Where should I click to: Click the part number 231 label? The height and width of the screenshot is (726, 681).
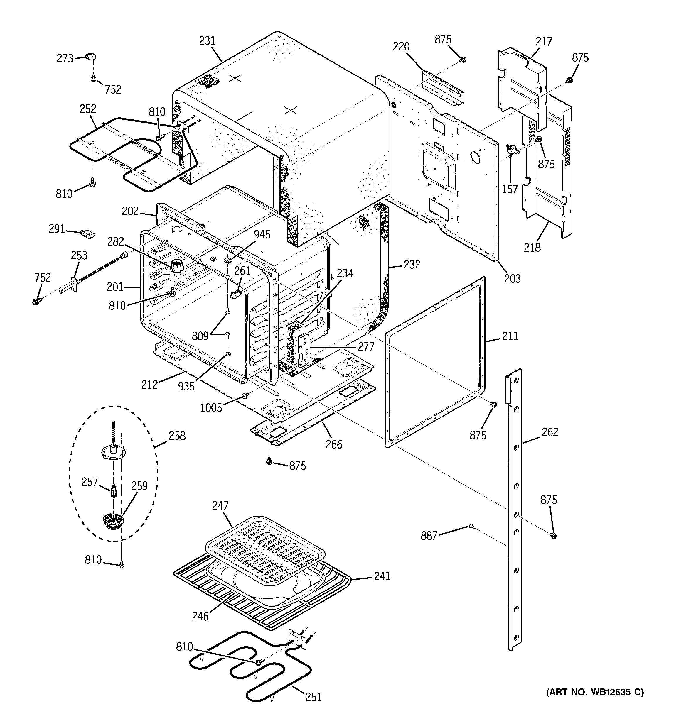click(x=207, y=41)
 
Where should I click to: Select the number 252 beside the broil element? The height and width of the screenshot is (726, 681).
click(x=88, y=109)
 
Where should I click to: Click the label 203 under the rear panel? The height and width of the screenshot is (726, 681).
click(x=512, y=279)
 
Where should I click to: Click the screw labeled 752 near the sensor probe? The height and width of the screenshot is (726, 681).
click(x=36, y=301)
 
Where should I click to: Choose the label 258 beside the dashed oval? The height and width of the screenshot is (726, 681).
click(x=177, y=436)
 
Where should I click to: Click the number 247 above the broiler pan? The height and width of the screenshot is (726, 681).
click(x=220, y=505)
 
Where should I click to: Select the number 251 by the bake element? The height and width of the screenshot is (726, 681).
click(x=313, y=697)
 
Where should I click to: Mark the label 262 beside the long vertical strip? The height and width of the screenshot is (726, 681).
click(x=550, y=432)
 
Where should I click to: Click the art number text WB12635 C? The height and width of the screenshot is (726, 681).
click(x=595, y=692)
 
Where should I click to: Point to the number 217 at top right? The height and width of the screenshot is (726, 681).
click(x=544, y=42)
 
